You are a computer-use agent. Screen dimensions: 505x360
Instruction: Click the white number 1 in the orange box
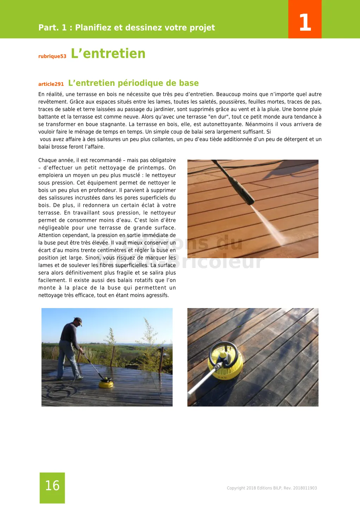305,22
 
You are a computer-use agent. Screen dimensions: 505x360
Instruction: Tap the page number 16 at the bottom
52,486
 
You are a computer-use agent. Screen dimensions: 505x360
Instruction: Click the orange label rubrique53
52,56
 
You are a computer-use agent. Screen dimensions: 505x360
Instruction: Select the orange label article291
51,84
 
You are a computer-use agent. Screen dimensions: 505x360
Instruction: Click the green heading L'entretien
108,53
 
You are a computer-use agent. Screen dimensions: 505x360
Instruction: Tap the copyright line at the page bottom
272,488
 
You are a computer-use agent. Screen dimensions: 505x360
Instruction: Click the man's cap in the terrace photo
78,321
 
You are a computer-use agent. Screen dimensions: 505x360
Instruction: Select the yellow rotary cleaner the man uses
106,383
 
